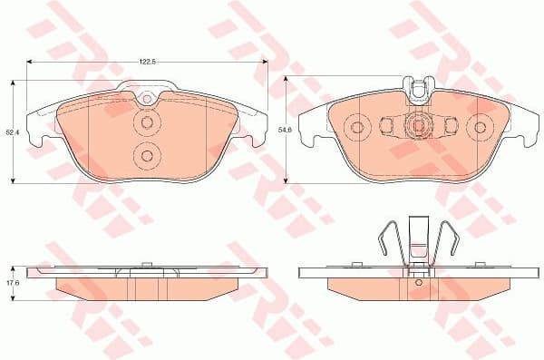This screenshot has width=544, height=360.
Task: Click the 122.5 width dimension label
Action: [x=147, y=61]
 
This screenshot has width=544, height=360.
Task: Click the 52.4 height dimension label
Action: [x=11, y=132]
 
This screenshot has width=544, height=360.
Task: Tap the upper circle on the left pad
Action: [x=146, y=124]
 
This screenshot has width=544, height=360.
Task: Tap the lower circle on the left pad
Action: [x=146, y=157]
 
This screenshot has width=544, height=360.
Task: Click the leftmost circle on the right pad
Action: [x=356, y=127]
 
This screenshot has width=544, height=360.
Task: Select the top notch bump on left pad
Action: [x=146, y=92]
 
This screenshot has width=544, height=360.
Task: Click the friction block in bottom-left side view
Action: [x=145, y=288]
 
